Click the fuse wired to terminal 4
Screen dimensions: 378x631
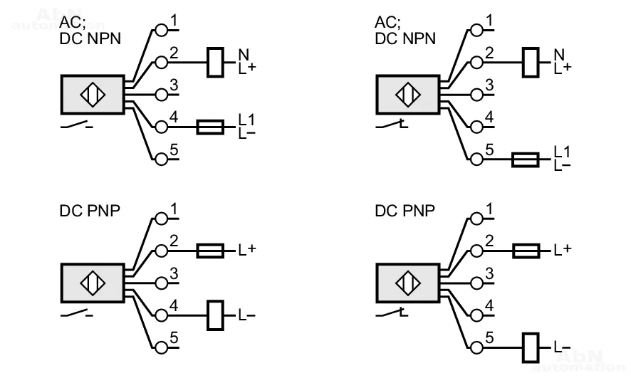click(211, 127)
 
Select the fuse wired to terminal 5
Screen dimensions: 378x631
click(526, 159)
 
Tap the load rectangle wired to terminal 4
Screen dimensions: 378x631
click(215, 315)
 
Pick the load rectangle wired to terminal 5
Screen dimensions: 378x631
click(531, 346)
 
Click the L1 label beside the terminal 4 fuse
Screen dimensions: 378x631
click(246, 120)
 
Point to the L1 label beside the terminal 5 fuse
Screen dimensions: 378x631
click(562, 152)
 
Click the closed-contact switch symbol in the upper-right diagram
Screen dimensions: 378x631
click(392, 126)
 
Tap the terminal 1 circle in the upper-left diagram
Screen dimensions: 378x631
click(162, 31)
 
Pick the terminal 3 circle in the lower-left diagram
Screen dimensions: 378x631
click(162, 283)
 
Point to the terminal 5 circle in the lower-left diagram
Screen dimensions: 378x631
click(162, 347)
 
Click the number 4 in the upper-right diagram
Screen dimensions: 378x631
click(489, 116)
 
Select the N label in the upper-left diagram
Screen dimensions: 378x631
click(243, 54)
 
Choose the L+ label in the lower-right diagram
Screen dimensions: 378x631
click(563, 250)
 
